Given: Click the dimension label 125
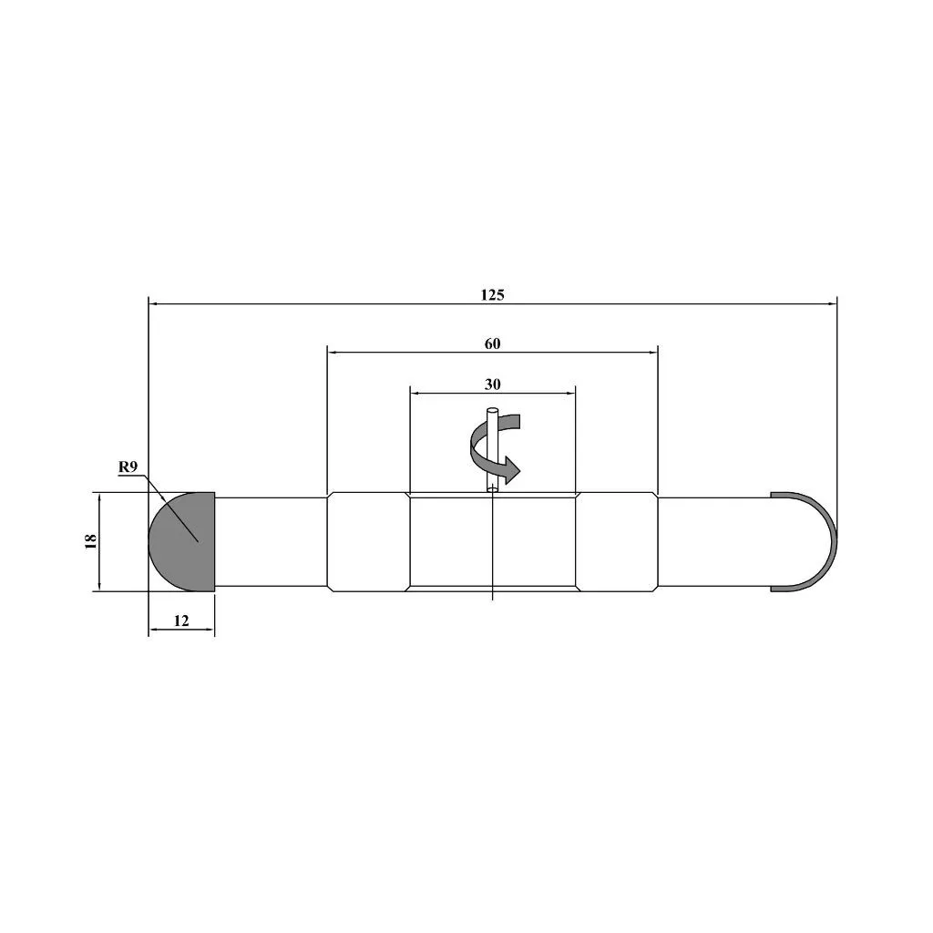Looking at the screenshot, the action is point(492,294).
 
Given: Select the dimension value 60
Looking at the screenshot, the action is point(492,343).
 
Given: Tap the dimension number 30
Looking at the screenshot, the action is point(492,384).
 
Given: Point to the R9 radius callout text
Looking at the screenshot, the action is point(128,466).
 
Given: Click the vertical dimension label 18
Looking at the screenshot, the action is point(90,541).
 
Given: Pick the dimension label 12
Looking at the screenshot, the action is point(181,620).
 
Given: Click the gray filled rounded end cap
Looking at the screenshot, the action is point(182,541).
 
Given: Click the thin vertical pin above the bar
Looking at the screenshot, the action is point(493,449).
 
